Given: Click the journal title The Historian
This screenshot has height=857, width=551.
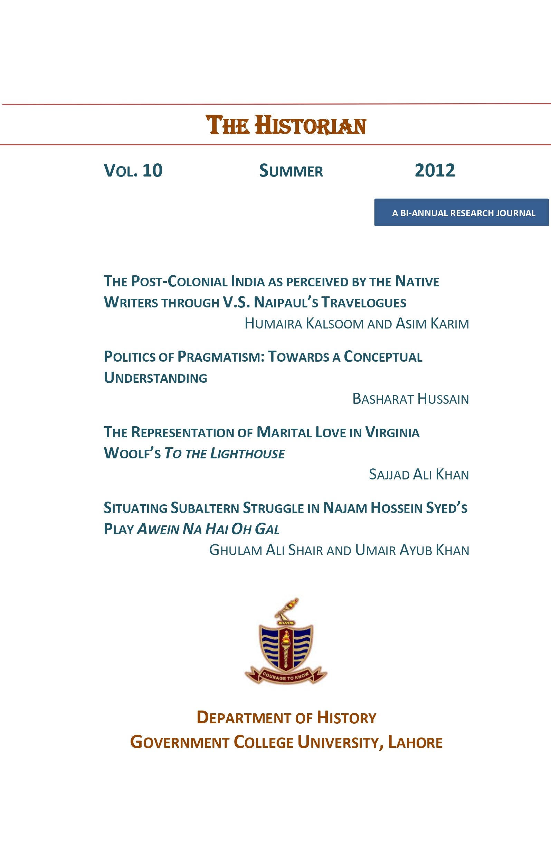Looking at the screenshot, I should pos(286,125).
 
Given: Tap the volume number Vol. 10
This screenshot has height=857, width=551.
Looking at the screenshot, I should pos(133,170).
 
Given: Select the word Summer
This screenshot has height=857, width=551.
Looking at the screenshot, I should pos(291,171).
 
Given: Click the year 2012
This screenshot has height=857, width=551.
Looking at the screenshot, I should pos(435,170).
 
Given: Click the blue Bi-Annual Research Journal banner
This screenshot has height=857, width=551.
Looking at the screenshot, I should pos(461,212).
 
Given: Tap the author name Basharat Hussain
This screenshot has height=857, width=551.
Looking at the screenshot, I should pos(410,399).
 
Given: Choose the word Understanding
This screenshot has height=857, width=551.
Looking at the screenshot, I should pos(155,378).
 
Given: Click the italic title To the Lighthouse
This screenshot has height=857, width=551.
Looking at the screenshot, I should pos(224,454).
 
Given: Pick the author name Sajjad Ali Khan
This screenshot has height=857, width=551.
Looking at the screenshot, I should pos(419,475).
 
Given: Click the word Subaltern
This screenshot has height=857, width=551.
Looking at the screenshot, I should pos(205,508).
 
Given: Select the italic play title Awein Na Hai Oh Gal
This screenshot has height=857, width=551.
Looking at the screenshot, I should pos(208,529).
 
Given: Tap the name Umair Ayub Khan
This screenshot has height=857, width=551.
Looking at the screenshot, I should pos(412,550).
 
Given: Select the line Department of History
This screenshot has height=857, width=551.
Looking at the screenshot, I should pos(286,717).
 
